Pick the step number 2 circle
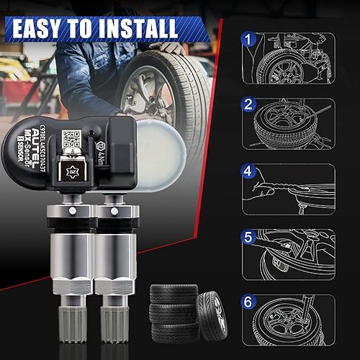248,105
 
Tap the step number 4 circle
248,173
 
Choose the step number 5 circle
248,236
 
